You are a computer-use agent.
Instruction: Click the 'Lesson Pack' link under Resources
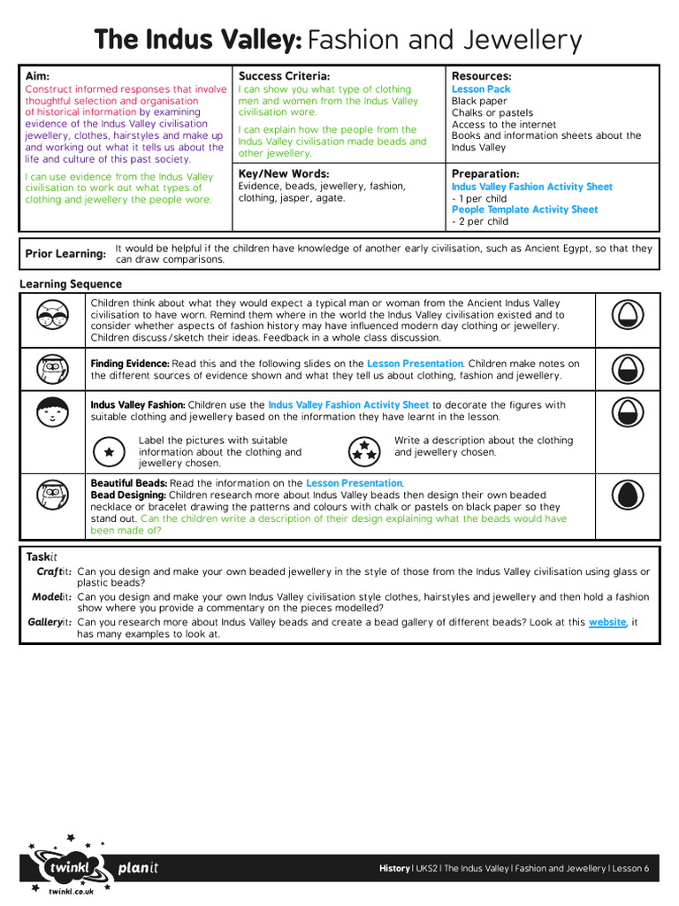pyautogui.click(x=481, y=89)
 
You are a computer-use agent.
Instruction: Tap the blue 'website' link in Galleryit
pyautogui.click(x=607, y=623)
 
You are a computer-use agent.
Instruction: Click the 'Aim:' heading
pyautogui.click(x=37, y=77)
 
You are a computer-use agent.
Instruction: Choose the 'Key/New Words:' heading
pyautogui.click(x=283, y=174)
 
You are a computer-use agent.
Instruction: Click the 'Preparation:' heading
pyautogui.click(x=485, y=174)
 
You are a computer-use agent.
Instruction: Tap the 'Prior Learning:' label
pyautogui.click(x=65, y=254)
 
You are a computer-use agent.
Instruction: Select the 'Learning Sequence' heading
pyautogui.click(x=71, y=285)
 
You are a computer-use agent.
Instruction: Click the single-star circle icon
pyautogui.click(x=109, y=452)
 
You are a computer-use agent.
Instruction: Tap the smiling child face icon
pyautogui.click(x=53, y=411)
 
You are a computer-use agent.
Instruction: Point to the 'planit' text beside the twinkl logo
pyautogui.click(x=138, y=868)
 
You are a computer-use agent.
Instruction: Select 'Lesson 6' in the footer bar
pyautogui.click(x=630, y=869)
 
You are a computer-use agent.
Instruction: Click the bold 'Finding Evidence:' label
pyautogui.click(x=130, y=364)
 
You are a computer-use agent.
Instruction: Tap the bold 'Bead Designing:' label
pyautogui.click(x=128, y=495)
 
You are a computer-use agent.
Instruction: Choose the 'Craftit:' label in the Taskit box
pyautogui.click(x=54, y=572)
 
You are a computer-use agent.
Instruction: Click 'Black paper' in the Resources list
pyautogui.click(x=480, y=102)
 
